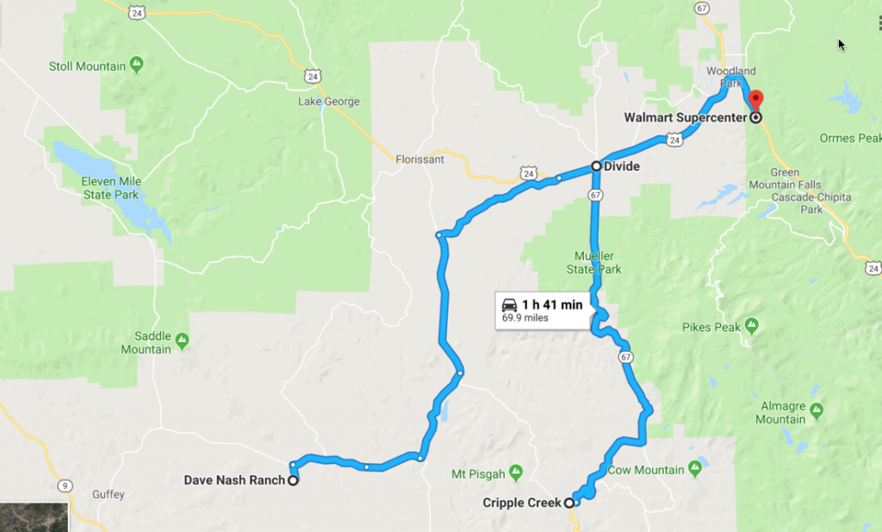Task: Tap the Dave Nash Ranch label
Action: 234,480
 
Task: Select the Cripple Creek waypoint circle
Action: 569,502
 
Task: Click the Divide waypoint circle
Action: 596,166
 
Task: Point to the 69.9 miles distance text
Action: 525,318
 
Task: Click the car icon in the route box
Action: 509,304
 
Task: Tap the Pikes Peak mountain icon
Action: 752,326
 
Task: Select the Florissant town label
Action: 419,160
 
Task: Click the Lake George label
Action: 329,102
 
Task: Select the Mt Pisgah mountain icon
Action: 516,472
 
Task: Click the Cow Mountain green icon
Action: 695,468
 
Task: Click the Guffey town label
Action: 109,495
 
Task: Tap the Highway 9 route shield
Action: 65,486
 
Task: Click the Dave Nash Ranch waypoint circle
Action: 293,480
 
